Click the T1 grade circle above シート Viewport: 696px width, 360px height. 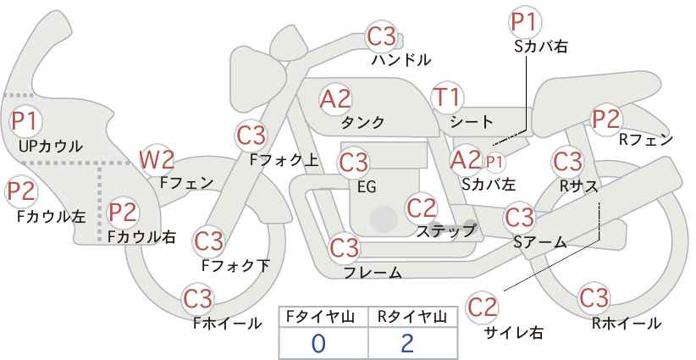447,97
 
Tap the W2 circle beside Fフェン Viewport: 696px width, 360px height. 157,160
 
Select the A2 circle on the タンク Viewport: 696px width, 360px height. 335,99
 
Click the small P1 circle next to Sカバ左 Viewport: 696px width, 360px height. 494,163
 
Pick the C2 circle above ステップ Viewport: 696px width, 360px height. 422,208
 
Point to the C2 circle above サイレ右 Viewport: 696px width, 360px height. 482,307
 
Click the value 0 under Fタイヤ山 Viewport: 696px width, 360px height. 318,344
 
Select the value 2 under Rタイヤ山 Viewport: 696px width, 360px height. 407,344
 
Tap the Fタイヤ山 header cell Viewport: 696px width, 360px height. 323,318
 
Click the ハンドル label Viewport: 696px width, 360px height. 401,59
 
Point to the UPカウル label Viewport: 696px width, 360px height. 51,146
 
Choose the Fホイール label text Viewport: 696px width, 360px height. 227,324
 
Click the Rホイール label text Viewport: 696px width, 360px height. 627,324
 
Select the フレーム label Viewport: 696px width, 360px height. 373,273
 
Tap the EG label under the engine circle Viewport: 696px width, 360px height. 367,187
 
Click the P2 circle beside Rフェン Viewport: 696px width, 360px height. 606,119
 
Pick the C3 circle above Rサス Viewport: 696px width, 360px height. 567,161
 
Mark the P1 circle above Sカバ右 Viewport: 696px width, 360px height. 525,22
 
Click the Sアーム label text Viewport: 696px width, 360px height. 539,242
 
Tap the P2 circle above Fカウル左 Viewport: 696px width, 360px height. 21,191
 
